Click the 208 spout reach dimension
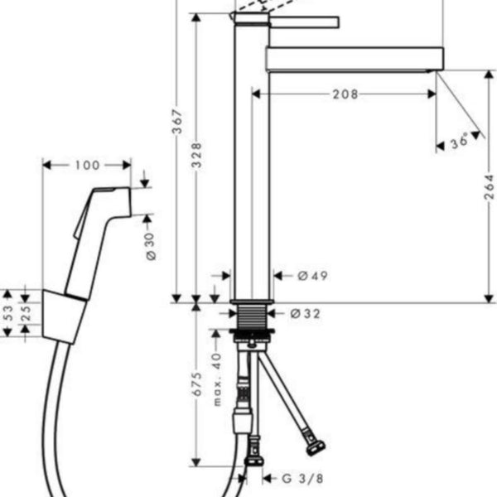(x=345, y=94)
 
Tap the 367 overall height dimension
(x=178, y=122)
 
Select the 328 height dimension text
(x=197, y=155)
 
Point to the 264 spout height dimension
(x=489, y=186)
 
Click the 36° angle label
(x=460, y=142)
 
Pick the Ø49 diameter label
(x=312, y=276)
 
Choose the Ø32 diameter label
(x=305, y=314)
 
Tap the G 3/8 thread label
(x=302, y=479)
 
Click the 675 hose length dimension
(x=197, y=384)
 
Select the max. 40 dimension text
(x=217, y=379)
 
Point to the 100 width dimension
(x=88, y=165)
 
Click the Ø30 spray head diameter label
(x=152, y=247)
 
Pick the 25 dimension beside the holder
(x=26, y=313)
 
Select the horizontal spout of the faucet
(x=355, y=59)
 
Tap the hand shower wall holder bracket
(x=64, y=316)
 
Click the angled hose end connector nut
(x=316, y=447)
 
